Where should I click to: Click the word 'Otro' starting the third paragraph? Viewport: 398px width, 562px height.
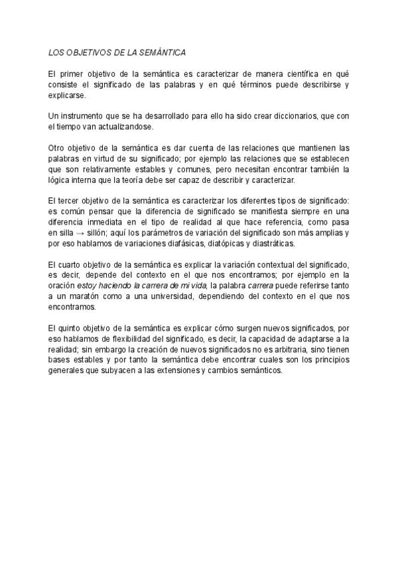[58, 149]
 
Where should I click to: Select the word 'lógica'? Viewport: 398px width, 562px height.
[61, 180]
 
